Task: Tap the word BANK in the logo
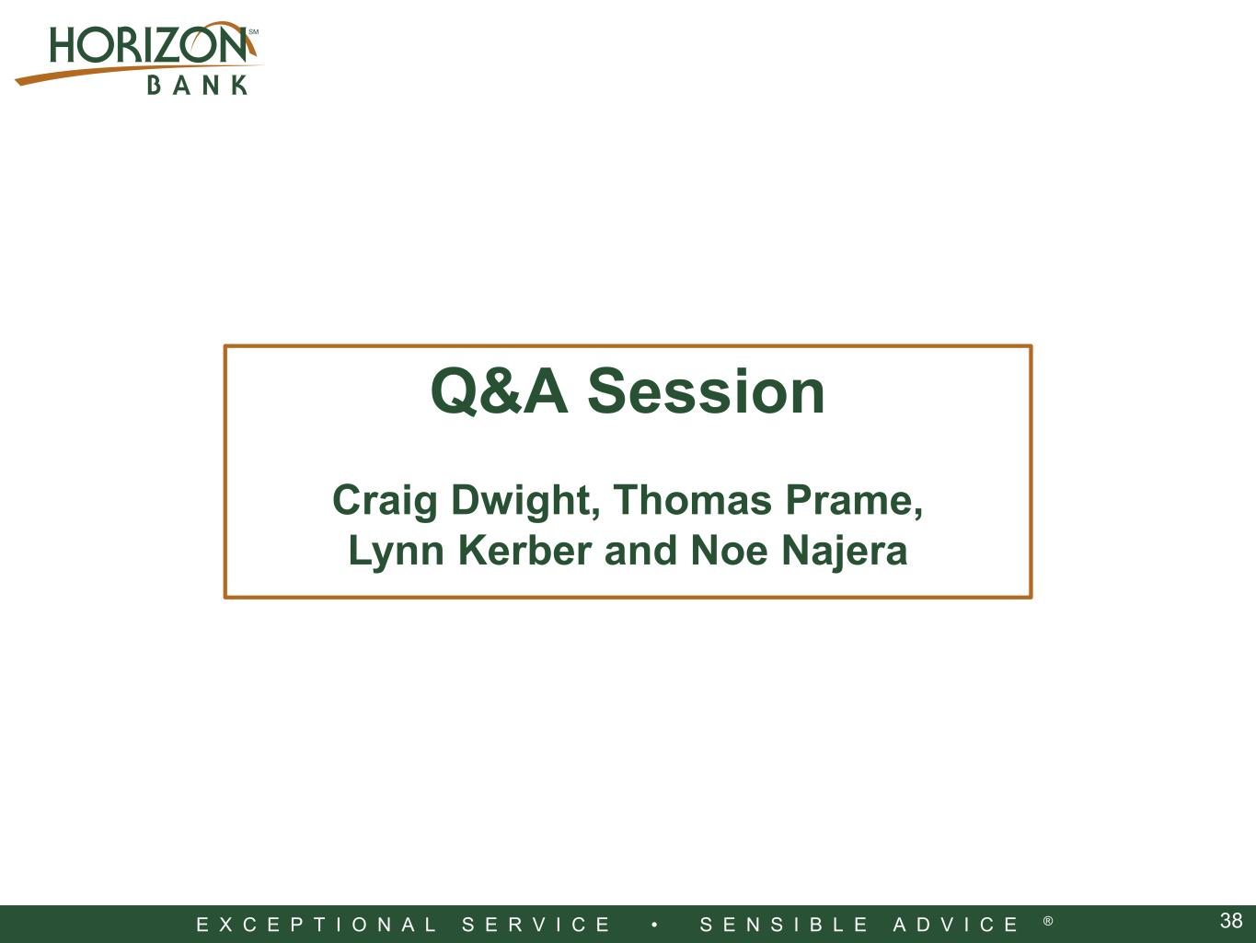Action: (x=198, y=86)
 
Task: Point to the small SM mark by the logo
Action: (x=253, y=32)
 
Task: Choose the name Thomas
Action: (x=693, y=500)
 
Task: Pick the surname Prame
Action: (x=854, y=501)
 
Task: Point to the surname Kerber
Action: (x=524, y=551)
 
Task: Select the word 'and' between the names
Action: (x=640, y=551)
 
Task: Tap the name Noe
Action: (x=730, y=551)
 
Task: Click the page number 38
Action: (x=1231, y=921)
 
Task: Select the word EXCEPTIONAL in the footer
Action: (x=317, y=925)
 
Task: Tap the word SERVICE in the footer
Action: (x=536, y=925)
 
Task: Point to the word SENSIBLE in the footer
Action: (x=784, y=925)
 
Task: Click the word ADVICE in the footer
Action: (x=956, y=925)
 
